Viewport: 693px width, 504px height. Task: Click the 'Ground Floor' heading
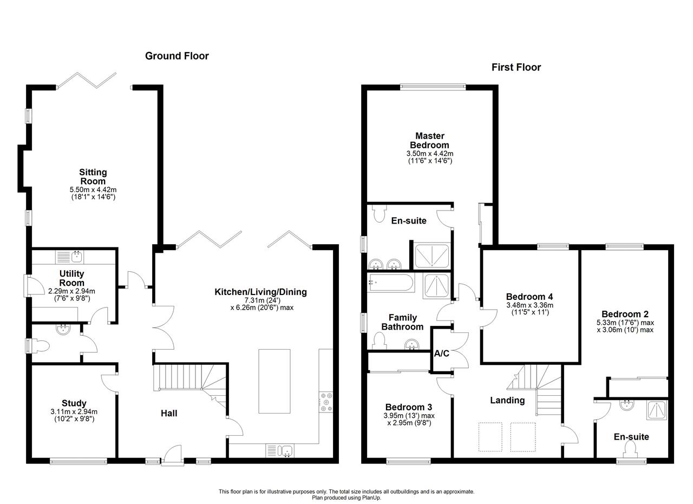click(176, 56)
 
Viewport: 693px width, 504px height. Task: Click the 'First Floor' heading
click(516, 67)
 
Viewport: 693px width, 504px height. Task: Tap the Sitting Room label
click(93, 176)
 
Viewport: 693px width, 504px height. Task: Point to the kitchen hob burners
click(326, 402)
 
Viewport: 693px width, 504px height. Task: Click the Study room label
click(74, 403)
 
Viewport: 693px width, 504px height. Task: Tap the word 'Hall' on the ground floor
click(169, 413)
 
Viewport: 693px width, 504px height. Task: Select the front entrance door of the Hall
click(173, 455)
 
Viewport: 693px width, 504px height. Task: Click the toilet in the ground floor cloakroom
click(41, 345)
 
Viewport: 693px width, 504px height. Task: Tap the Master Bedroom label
click(429, 140)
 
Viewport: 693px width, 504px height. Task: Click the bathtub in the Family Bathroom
click(390, 283)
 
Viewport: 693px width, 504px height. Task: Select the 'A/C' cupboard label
click(441, 354)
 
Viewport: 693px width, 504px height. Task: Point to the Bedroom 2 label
click(625, 314)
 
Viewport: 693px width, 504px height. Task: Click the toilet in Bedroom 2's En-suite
click(630, 448)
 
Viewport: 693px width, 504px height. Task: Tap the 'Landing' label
click(507, 400)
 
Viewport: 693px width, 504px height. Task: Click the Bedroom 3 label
click(408, 407)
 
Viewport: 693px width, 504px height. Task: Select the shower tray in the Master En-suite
click(432, 256)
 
